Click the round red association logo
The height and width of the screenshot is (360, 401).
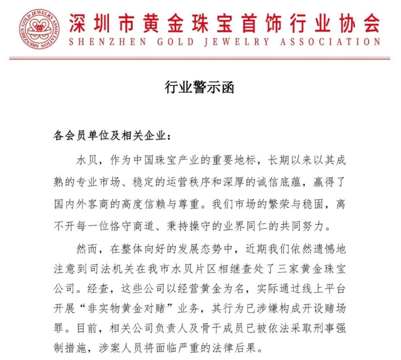[39, 29]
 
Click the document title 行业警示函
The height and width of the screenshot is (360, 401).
[199, 87]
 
